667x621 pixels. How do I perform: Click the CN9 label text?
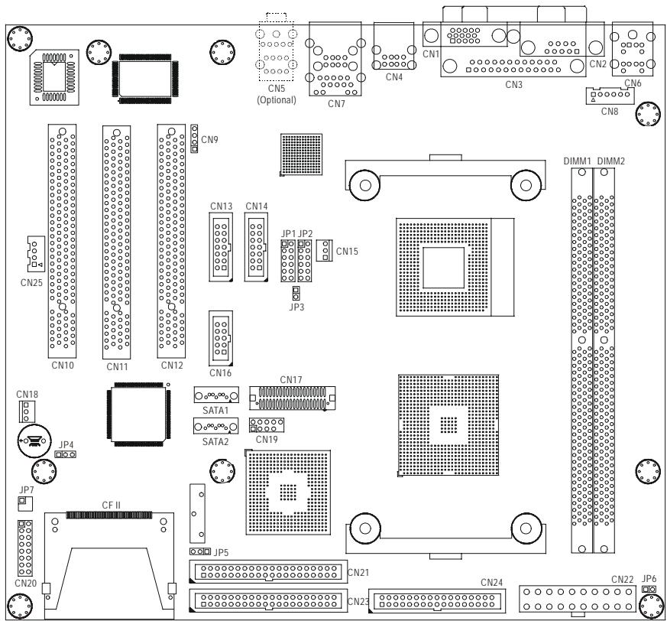[209, 140]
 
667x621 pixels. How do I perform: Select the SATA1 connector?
[216, 395]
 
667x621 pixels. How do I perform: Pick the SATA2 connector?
[215, 426]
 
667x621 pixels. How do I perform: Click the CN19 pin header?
[267, 425]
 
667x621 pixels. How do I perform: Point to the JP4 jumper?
[66, 454]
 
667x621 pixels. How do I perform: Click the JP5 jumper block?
[200, 551]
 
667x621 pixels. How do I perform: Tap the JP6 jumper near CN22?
[649, 589]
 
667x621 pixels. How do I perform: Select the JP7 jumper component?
[24, 503]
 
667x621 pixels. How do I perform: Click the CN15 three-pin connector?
[325, 250]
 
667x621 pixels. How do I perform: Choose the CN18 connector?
[27, 411]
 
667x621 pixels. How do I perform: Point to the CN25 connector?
[36, 254]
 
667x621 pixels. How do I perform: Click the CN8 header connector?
[610, 96]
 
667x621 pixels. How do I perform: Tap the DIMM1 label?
[578, 161]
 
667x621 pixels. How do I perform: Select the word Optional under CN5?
[277, 100]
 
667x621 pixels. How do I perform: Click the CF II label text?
[111, 506]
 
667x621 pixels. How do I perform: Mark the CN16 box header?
[221, 339]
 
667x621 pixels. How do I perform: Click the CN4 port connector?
[394, 47]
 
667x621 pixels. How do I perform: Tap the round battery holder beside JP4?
[35, 441]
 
